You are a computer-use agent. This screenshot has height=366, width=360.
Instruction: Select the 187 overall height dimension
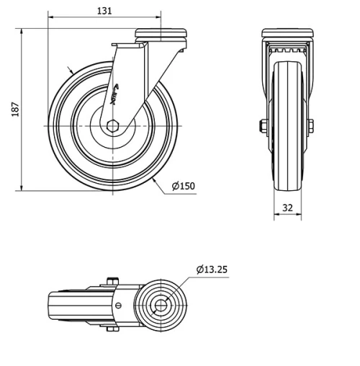[x=15, y=110]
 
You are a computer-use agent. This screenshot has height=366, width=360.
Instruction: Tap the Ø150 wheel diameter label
[x=183, y=187]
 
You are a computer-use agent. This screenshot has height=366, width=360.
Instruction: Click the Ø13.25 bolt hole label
[x=212, y=270]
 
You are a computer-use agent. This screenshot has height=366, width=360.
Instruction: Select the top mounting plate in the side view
[x=157, y=34]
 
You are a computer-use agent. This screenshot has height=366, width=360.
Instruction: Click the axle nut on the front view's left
[x=259, y=127]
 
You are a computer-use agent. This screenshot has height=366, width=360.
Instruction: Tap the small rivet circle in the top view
[x=117, y=305]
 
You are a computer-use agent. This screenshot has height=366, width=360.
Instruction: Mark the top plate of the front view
[x=287, y=35]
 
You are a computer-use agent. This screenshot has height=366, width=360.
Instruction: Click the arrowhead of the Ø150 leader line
[x=156, y=179]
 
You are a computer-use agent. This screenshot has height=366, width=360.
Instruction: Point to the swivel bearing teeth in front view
[x=287, y=51]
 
